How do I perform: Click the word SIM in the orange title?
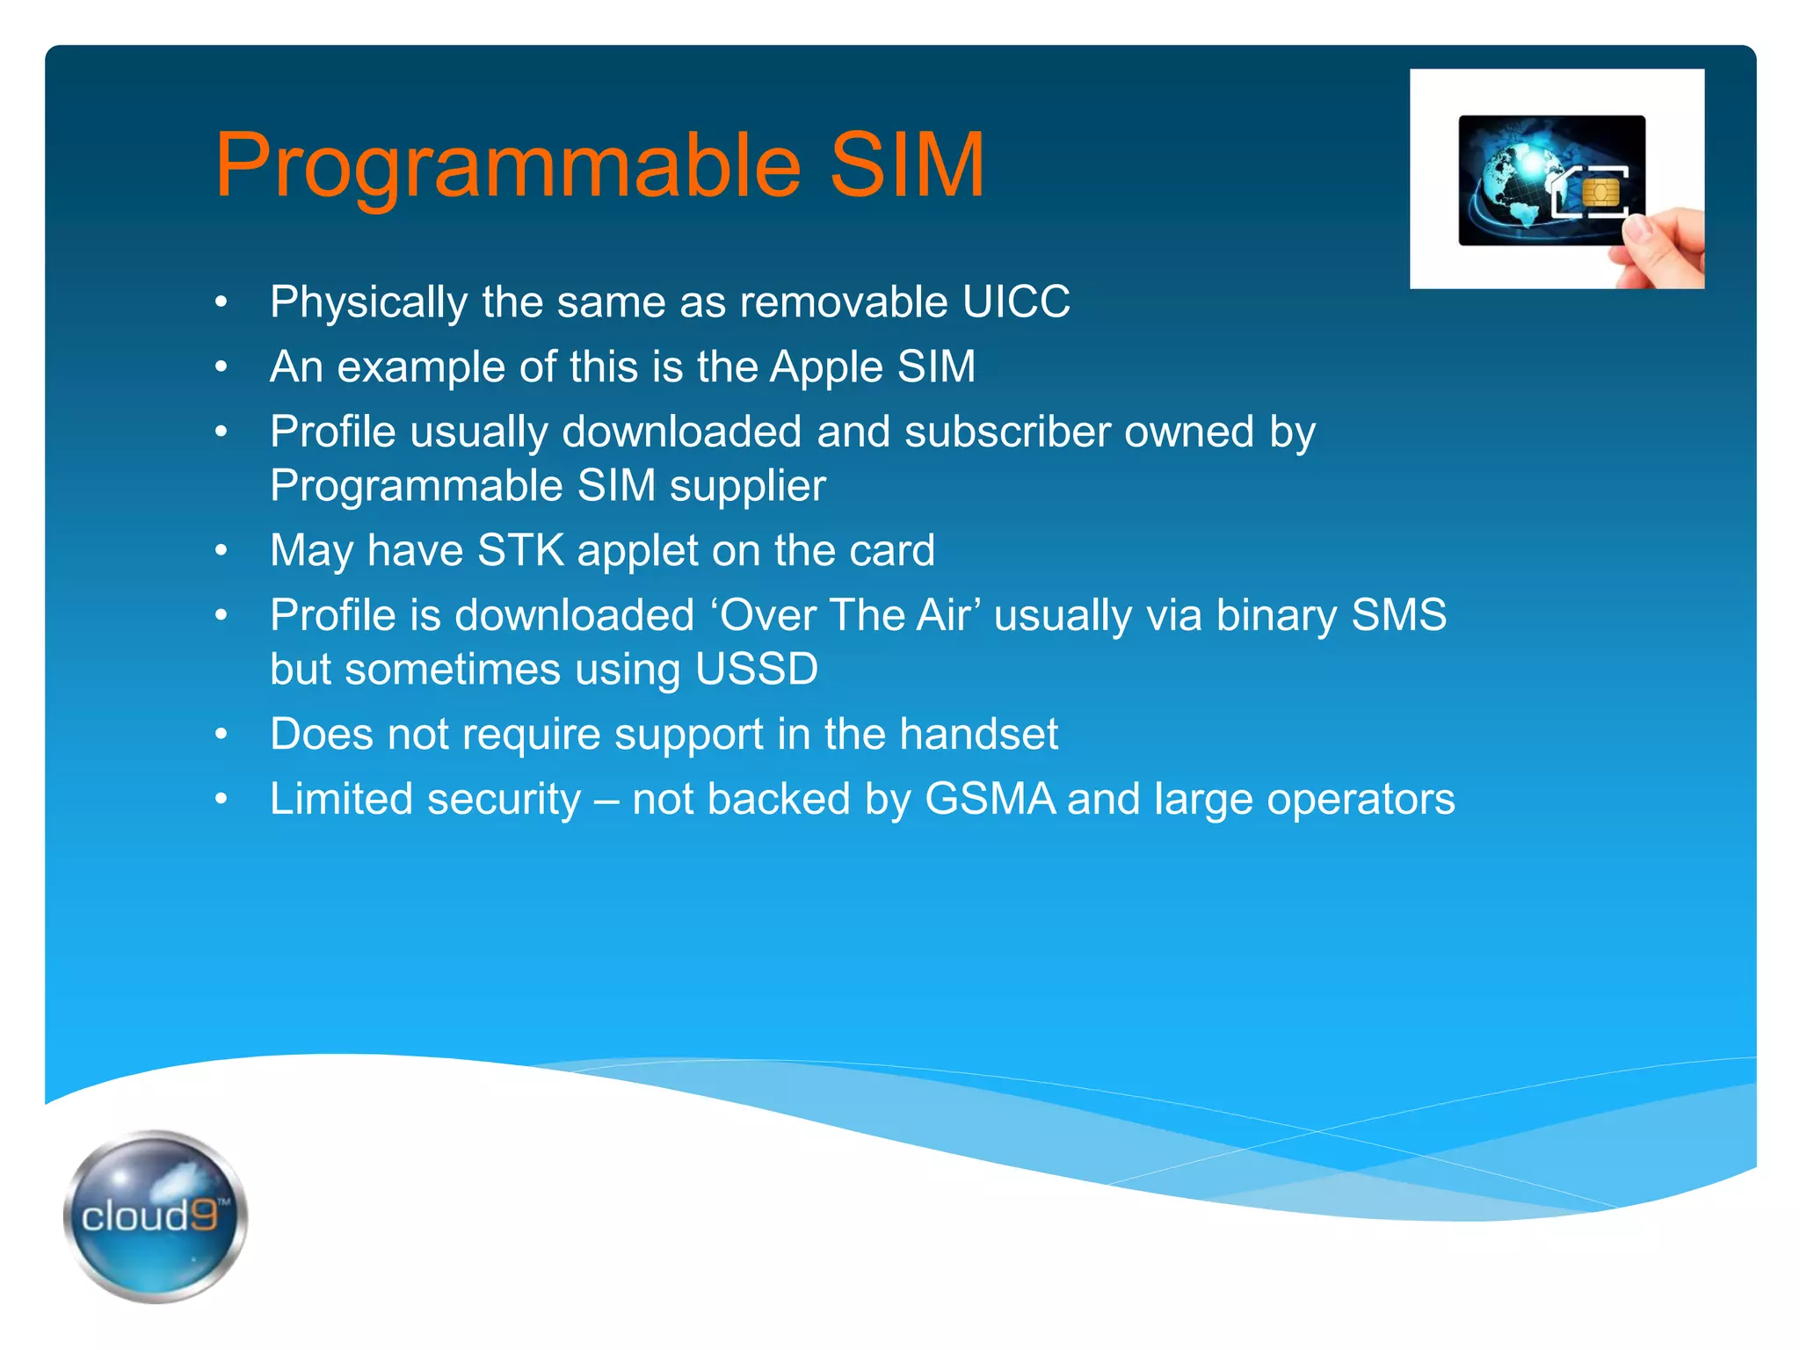906,165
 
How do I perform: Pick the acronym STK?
520,551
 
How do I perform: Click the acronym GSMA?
990,799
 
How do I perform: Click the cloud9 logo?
155,1216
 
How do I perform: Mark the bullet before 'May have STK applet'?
221,551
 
